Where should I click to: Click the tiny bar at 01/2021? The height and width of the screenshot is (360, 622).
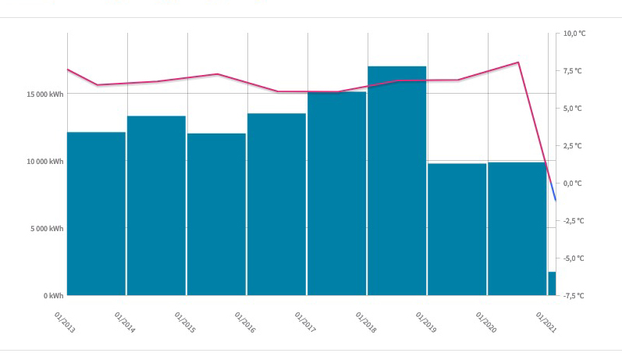(x=552, y=283)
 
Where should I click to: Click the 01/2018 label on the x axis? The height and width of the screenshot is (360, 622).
(x=366, y=323)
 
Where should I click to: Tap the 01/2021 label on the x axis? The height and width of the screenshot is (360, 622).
(x=546, y=323)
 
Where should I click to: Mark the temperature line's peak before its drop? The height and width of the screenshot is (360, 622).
(x=518, y=62)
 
